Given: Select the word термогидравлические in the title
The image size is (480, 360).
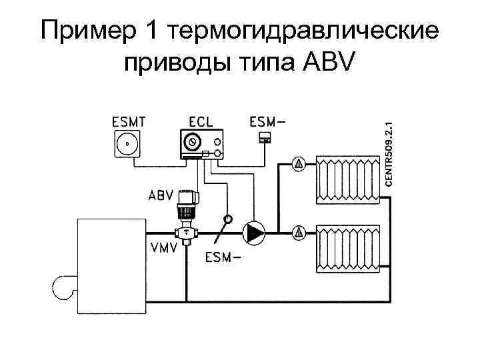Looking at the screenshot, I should click(x=305, y=31).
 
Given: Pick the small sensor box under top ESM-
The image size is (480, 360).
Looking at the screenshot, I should click(x=265, y=138).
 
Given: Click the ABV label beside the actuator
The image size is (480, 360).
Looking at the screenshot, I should click(x=161, y=196).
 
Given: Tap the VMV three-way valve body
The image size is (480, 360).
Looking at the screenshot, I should click(x=185, y=233).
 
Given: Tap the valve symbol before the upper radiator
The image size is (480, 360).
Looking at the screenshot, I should click(x=299, y=163).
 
